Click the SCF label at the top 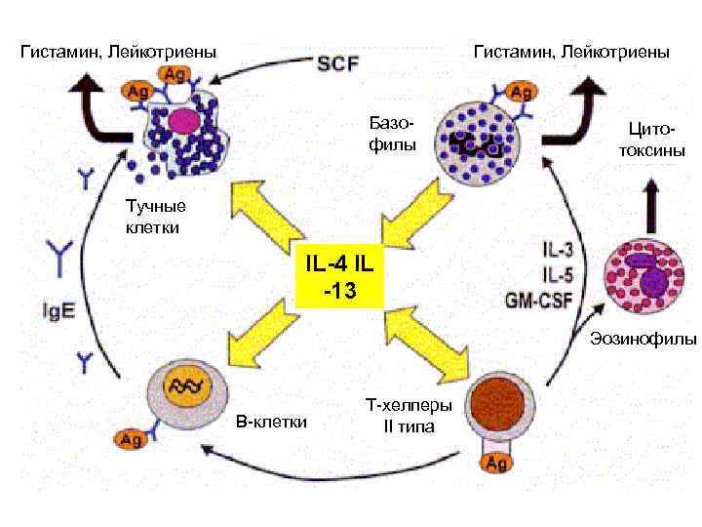338,63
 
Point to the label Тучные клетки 155,217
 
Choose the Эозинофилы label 643,340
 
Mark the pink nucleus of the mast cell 182,121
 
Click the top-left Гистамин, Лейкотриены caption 118,50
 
